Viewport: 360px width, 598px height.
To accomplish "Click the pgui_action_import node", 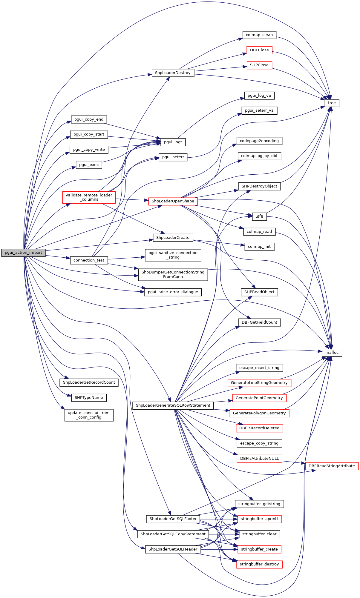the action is [x=24, y=253].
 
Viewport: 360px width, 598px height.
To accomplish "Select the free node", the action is [x=332, y=103].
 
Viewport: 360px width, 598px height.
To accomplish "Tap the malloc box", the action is [x=332, y=353].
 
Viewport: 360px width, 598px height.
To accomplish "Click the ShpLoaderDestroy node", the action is [x=173, y=73].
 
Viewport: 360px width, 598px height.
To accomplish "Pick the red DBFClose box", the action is [x=259, y=50].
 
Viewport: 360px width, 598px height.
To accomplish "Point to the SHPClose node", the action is [x=259, y=65].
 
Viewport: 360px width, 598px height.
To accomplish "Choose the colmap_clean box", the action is [x=259, y=35].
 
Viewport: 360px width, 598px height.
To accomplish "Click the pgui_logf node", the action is [x=173, y=142].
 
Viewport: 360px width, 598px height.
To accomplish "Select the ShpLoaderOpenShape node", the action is [x=173, y=201].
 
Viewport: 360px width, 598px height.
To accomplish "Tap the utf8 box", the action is [x=259, y=216].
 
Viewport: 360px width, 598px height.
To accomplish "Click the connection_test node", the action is [x=89, y=260].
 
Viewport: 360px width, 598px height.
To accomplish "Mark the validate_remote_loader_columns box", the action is [x=89, y=197].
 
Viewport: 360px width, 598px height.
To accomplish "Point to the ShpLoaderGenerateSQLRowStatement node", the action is [x=173, y=405].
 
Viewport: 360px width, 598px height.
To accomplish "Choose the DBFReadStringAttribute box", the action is [x=332, y=466].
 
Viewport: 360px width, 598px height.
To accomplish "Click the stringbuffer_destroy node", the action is [x=259, y=564].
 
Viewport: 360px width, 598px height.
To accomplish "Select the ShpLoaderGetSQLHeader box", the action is [x=173, y=549].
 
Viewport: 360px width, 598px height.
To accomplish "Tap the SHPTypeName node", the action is [x=89, y=398].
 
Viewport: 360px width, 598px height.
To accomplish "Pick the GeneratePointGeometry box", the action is [x=259, y=398].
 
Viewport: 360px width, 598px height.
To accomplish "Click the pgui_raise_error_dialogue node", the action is [x=173, y=292].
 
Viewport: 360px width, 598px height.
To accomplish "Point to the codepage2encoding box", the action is [x=259, y=141].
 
